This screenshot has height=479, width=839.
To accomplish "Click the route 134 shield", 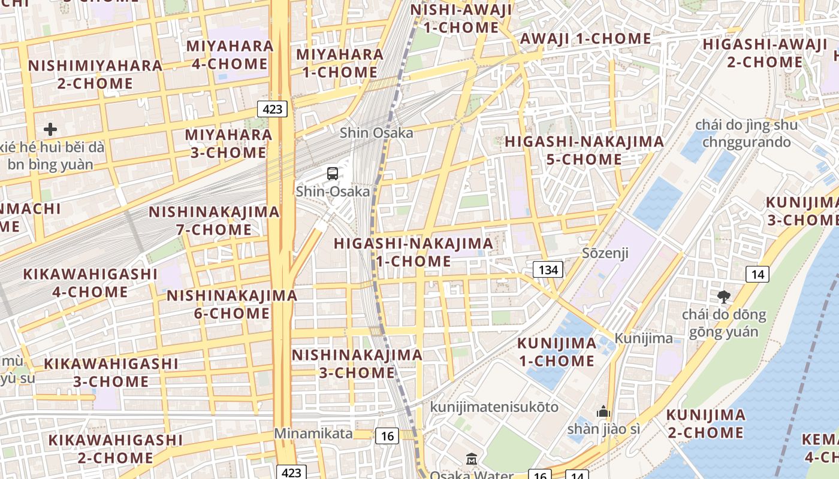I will (548, 270).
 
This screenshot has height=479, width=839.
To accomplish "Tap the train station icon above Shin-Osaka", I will (333, 174).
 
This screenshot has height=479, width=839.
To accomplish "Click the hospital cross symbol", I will (50, 129).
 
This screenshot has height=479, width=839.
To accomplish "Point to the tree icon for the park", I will (724, 296).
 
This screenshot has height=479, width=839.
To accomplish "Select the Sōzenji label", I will (605, 253).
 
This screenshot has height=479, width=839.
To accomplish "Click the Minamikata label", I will (313, 433).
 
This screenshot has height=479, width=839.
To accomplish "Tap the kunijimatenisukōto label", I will (494, 407).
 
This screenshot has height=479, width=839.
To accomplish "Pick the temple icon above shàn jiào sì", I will (603, 411).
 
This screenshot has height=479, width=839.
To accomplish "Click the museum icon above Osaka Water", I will (472, 459).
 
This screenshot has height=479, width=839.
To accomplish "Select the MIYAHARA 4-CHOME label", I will (230, 55).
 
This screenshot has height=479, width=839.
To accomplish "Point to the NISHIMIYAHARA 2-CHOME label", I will (95, 74).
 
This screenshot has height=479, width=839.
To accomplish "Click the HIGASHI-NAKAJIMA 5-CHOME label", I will (584, 150).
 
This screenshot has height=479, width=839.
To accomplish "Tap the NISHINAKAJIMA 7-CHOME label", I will (214, 220).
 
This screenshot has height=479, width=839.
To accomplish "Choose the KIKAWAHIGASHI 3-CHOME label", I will (111, 372).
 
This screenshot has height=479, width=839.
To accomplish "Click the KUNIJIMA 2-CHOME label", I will (706, 423).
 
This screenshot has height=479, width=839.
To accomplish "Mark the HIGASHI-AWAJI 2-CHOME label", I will (765, 53).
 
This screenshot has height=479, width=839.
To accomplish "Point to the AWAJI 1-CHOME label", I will (586, 38).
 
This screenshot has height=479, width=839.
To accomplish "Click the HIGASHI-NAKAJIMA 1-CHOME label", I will (414, 252).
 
